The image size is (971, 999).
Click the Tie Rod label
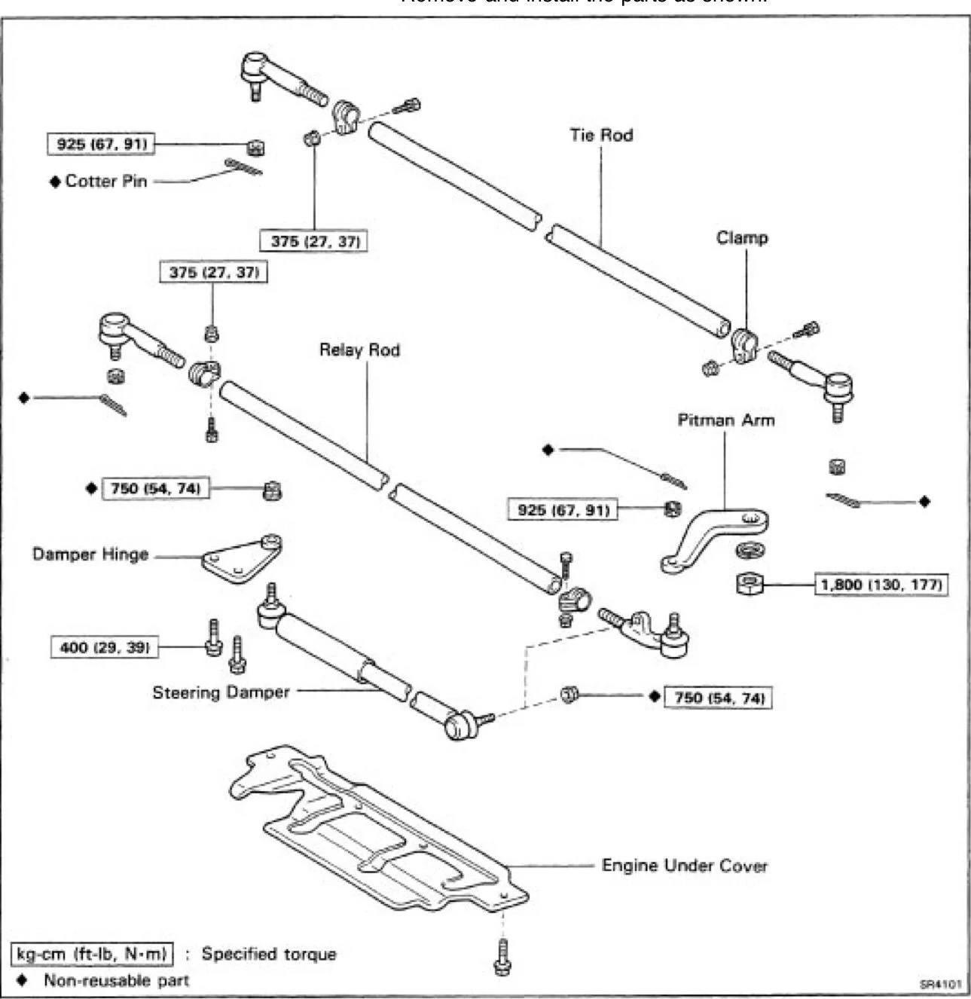coord(600,136)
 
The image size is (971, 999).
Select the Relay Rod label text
coord(359,350)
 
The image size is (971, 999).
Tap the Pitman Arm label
coord(725,420)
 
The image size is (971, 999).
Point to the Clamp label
coord(742,238)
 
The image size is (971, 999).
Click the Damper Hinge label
coord(90,554)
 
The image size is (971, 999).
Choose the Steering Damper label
coord(221,692)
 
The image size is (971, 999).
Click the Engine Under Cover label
coord(684,866)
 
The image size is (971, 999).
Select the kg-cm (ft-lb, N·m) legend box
coord(92,954)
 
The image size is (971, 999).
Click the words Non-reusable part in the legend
coord(116,980)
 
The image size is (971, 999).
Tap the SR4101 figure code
coord(940,984)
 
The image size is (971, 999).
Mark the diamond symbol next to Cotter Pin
coord(55,182)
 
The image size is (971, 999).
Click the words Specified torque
coord(268,954)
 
